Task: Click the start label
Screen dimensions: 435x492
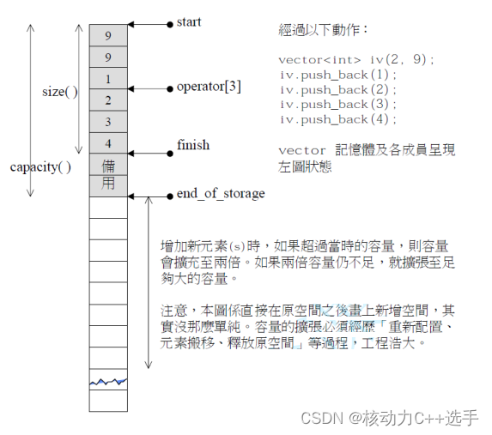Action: tap(188, 21)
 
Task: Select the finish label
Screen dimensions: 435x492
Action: tap(192, 145)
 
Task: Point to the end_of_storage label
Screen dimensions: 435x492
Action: tap(220, 194)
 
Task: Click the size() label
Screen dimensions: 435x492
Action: tap(59, 92)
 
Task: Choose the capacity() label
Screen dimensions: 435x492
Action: tap(40, 166)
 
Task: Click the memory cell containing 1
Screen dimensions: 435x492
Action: tap(107, 79)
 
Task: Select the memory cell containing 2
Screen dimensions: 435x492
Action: tap(107, 100)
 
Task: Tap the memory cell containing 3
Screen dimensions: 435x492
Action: tap(107, 122)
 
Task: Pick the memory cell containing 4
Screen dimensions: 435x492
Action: tap(107, 143)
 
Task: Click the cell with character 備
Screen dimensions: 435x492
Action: tap(107, 165)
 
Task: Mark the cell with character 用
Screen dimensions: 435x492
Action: tap(107, 184)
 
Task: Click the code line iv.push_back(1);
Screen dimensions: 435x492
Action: tap(331, 75)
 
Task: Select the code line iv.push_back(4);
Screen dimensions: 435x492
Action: tap(331, 118)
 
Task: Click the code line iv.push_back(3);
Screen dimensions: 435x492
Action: tap(331, 104)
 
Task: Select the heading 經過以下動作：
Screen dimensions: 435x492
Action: tap(323, 30)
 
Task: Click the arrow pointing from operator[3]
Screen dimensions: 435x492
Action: tap(149, 88)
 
